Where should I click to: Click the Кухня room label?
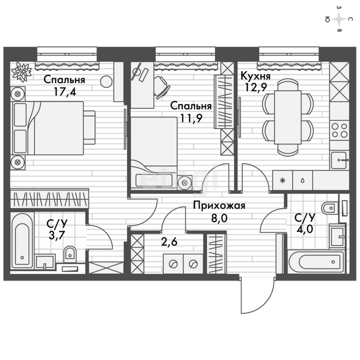(x=255, y=76)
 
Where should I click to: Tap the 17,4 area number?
(x=65, y=92)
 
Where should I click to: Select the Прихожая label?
(x=219, y=206)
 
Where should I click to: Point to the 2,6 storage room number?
(x=169, y=242)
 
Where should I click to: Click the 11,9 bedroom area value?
(x=191, y=119)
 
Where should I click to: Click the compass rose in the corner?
(x=339, y=19)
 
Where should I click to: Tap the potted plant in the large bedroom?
(x=21, y=72)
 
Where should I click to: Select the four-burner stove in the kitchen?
(x=339, y=130)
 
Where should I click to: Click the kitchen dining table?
(x=287, y=117)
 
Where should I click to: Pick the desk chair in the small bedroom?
(x=161, y=88)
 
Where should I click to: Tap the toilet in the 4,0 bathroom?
(x=330, y=208)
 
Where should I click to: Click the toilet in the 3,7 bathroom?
(x=70, y=254)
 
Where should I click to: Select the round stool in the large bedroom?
(x=106, y=81)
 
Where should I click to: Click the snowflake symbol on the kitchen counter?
(x=282, y=181)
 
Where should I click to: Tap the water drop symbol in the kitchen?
(x=303, y=181)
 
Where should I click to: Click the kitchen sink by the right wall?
(x=339, y=160)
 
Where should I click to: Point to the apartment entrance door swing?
(x=257, y=295)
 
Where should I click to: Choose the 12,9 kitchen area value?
(x=256, y=87)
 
